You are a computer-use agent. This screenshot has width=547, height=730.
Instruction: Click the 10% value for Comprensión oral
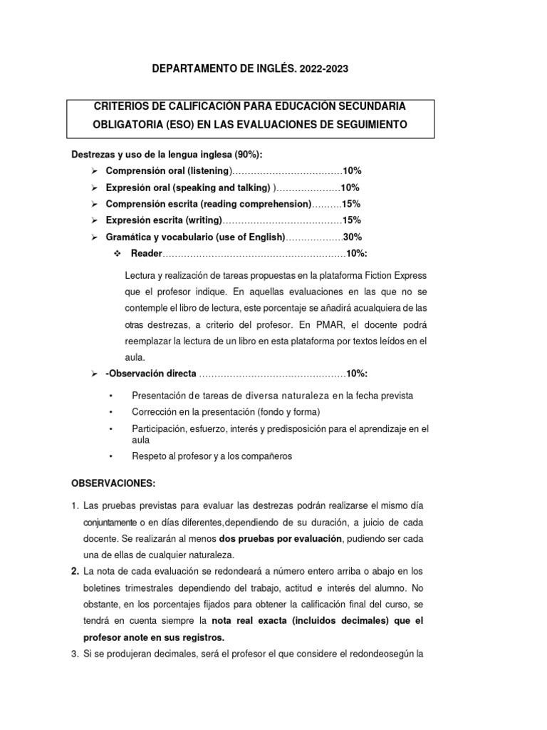pos(353,171)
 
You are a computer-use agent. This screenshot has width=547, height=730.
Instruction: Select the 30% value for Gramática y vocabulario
pos(353,237)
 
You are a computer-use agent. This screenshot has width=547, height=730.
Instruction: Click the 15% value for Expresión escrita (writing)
pos(351,220)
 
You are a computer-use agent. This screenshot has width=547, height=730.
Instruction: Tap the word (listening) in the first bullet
pos(205,171)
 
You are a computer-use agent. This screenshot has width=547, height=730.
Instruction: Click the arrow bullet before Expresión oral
pos(94,187)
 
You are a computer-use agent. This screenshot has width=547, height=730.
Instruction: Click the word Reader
pos(147,254)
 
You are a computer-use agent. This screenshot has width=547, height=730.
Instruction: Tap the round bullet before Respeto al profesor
pos(110,456)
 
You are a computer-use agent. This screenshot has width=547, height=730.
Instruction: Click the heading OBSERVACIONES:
pos(112,483)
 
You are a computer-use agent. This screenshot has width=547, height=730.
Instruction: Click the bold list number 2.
pos(75,571)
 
